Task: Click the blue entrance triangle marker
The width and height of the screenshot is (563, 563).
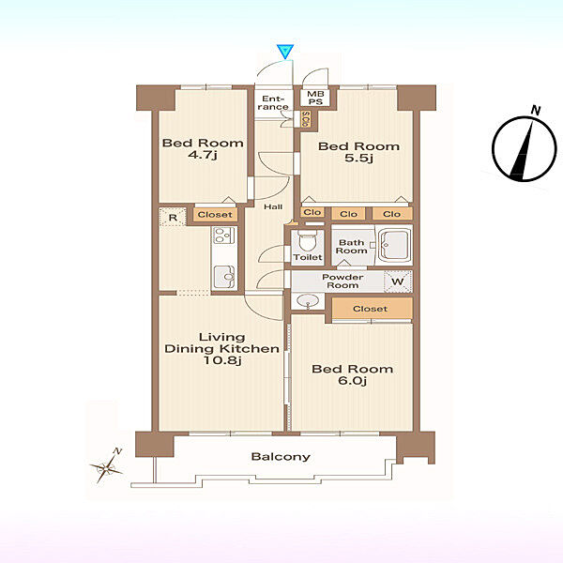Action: tap(285, 52)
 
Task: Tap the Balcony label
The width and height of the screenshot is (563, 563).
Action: tap(281, 457)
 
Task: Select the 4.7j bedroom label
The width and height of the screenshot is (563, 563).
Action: tap(203, 148)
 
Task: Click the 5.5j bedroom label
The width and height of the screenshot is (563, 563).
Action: tap(358, 152)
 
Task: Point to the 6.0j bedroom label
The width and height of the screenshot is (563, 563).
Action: tap(352, 374)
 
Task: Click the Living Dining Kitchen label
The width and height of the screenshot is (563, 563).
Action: tap(221, 349)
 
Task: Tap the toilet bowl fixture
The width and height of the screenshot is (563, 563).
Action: tap(308, 240)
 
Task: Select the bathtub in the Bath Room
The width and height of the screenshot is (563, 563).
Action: tap(394, 245)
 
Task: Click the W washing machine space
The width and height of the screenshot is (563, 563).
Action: tap(398, 281)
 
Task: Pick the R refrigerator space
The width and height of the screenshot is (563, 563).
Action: tap(173, 218)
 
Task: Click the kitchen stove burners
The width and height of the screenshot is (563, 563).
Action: tap(224, 236)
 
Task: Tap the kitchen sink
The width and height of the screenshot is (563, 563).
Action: tap(224, 277)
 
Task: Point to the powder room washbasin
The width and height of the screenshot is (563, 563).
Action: tap(308, 300)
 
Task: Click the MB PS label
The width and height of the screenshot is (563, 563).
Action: tap(315, 98)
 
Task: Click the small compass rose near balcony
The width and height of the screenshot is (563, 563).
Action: tap(107, 467)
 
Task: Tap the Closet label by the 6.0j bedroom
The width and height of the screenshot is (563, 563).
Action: tap(371, 309)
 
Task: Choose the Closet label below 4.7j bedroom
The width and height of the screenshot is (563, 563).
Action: tap(215, 215)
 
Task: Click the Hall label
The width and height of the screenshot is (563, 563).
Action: tap(273, 206)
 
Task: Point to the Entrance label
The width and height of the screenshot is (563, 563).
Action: tap(273, 102)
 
